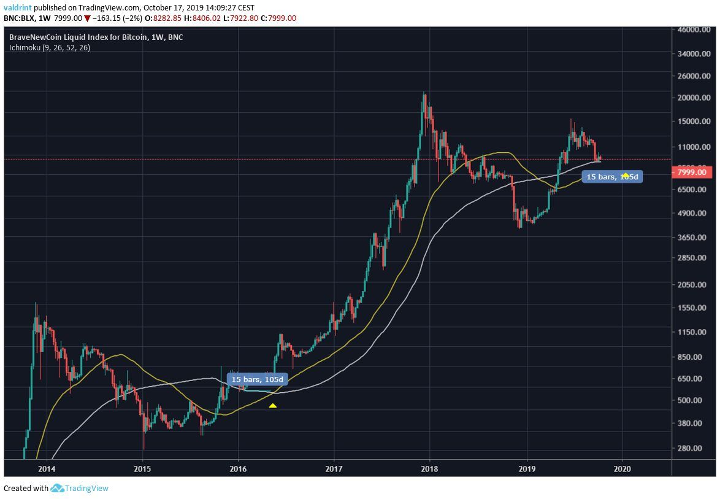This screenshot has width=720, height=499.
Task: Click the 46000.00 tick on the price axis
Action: tap(694, 29)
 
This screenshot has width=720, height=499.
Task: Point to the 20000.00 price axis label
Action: tap(694, 98)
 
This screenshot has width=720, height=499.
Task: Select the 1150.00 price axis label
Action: tap(694, 332)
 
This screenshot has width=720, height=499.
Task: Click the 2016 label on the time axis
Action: tap(238, 467)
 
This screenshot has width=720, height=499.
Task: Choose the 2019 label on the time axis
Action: tap(527, 467)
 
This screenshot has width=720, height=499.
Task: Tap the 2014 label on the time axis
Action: tap(46, 467)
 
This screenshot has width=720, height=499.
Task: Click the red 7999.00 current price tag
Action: tap(694, 172)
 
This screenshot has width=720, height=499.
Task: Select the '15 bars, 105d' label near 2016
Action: tap(257, 379)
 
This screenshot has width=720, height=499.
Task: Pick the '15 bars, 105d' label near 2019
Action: tap(612, 177)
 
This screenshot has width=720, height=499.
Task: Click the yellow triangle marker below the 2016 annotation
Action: tap(273, 405)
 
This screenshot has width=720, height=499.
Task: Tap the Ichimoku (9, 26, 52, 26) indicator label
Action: tap(50, 47)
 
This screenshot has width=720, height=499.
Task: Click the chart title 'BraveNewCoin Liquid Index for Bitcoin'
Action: tap(78, 37)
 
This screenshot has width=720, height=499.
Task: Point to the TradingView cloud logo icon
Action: tap(57, 489)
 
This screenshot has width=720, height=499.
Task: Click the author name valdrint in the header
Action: tap(17, 8)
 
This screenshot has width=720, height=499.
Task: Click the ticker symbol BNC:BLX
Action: tap(20, 18)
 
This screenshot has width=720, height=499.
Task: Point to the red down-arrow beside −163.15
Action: tap(87, 18)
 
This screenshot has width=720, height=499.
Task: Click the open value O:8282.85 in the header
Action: tap(163, 18)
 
